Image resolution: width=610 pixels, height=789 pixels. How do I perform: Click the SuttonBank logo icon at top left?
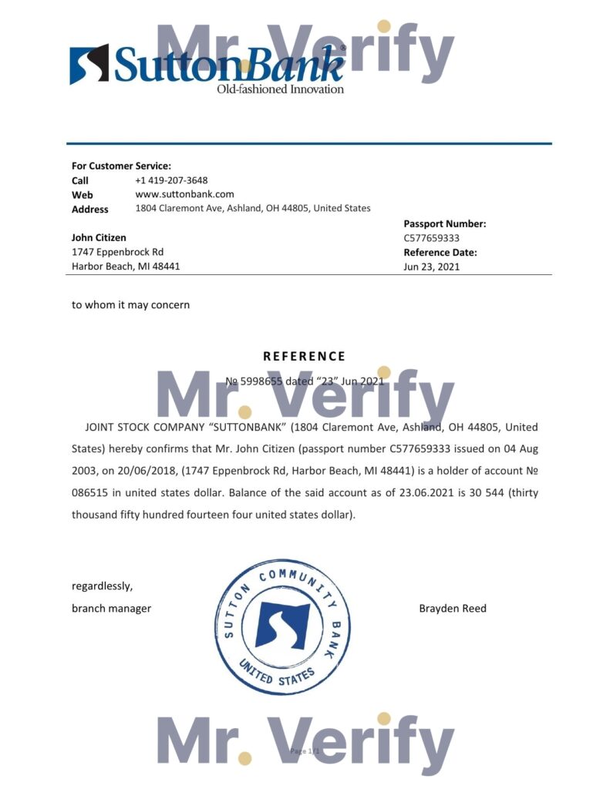89,64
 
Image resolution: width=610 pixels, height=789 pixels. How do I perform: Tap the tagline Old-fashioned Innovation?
280,89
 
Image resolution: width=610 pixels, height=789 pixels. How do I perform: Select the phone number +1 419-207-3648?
171,180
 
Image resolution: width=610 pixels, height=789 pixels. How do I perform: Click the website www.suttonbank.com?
184,194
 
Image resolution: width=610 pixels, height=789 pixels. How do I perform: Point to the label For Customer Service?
121,166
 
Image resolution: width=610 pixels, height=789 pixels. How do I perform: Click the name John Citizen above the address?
99,237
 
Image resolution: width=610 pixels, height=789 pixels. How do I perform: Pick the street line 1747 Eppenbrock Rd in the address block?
117,252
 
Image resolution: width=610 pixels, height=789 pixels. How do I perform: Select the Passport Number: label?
445,223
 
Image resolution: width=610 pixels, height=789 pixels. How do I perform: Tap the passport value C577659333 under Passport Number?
432,238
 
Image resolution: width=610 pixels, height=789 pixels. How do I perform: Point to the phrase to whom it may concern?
130,304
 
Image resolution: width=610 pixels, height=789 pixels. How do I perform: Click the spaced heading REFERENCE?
305,356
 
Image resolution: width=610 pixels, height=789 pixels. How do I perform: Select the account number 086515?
88,492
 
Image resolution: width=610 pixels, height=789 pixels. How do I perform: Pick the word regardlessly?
102,586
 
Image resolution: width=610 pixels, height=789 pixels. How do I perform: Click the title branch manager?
111,609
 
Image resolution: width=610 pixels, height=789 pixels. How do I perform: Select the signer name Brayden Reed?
453,609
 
